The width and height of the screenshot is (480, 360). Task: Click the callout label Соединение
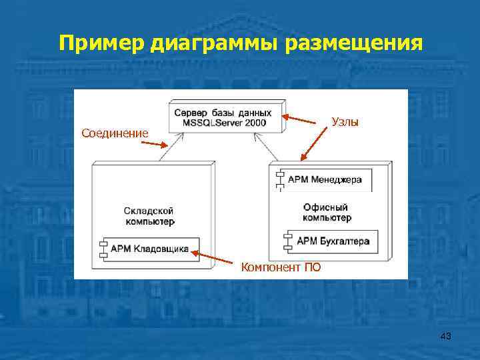point(115,133)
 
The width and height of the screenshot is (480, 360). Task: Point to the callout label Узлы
point(345,122)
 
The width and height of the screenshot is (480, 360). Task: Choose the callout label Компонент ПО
point(281,267)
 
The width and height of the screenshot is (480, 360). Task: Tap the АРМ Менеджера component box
point(325,179)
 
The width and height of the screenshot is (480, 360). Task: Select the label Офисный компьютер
point(327,213)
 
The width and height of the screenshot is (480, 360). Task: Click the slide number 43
point(445,337)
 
